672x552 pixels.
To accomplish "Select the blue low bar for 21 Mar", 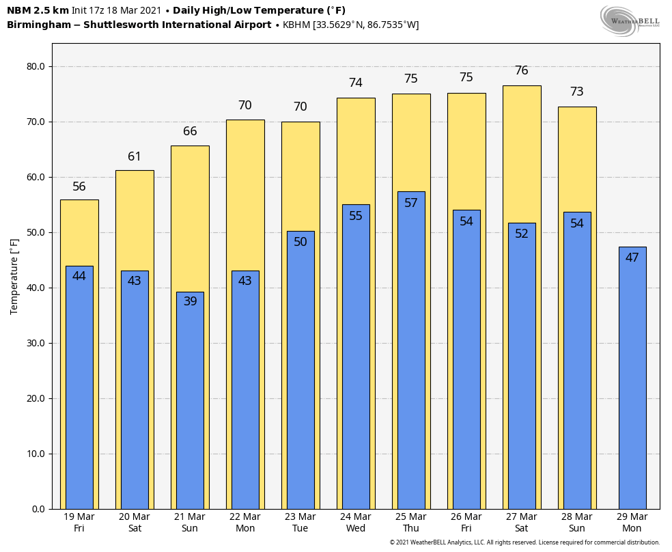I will coord(190,403).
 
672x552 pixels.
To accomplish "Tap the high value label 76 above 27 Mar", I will coord(522,70).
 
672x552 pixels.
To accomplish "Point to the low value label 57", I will coord(411,203).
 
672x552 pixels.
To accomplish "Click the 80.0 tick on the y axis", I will coord(36,66).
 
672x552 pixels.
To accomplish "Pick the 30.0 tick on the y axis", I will coord(36,343).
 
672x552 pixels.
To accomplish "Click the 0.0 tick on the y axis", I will coord(39,509).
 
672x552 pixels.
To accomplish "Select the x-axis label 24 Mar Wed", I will coord(356,523).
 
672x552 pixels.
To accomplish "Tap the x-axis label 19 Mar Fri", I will coord(79,523).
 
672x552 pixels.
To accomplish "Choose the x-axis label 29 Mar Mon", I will coord(632,523).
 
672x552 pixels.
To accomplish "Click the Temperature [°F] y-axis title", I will coord(14,276).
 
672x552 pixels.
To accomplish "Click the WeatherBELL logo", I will coord(630,20).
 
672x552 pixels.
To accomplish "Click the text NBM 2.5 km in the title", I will coord(38,10).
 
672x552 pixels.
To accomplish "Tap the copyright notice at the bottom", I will coord(524,542).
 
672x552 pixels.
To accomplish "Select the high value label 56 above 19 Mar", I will coord(79,187).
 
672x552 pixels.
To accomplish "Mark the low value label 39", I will coord(190,301).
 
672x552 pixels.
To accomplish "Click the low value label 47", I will coord(632,258).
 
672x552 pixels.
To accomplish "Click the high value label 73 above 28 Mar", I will coord(577,92).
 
